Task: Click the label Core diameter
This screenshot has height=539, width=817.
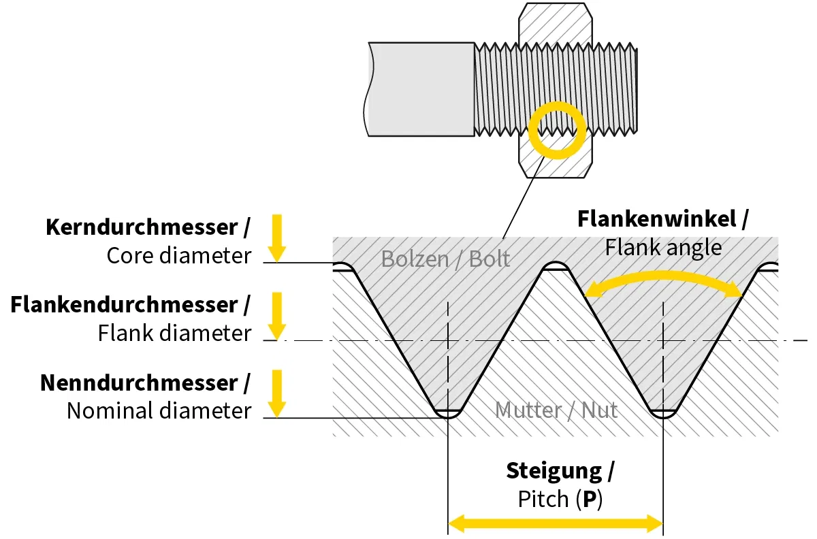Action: [179, 256]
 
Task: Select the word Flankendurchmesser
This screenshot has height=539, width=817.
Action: [123, 305]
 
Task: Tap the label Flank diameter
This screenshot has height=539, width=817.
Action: [175, 333]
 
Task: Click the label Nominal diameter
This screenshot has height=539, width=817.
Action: [159, 411]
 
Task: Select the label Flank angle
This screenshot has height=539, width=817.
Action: [663, 247]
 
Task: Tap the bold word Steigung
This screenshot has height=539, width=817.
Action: [554, 471]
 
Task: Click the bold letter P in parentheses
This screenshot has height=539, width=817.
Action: [590, 500]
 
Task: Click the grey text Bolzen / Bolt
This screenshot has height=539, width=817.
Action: [445, 259]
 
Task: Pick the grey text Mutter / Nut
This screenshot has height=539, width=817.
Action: [556, 410]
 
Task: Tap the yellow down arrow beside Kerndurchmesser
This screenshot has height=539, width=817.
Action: [276, 238]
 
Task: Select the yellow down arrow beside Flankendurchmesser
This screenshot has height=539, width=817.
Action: [276, 316]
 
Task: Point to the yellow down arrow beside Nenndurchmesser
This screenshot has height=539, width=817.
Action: [276, 393]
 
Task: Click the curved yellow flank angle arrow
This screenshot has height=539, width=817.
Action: [664, 277]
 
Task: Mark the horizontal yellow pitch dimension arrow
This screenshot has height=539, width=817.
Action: [555, 523]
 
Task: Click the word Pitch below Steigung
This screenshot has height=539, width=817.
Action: [543, 500]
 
